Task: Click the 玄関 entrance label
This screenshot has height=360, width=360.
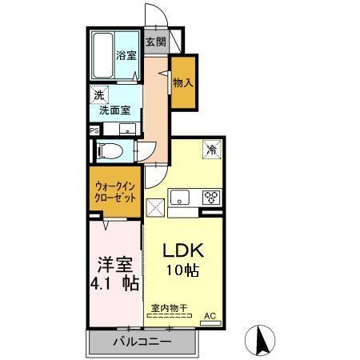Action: coord(155,42)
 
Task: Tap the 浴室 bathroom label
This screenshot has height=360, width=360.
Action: coord(126,56)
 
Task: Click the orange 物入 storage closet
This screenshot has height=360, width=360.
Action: coord(183,82)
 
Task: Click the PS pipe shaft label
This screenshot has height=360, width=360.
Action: coord(94,130)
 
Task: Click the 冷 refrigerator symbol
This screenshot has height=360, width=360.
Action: coord(212,148)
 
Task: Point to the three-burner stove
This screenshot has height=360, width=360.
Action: coord(211,197)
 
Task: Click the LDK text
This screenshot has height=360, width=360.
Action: coord(183,249)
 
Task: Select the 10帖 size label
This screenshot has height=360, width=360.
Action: coord(183,271)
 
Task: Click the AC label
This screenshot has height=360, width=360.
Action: coord(210,317)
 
